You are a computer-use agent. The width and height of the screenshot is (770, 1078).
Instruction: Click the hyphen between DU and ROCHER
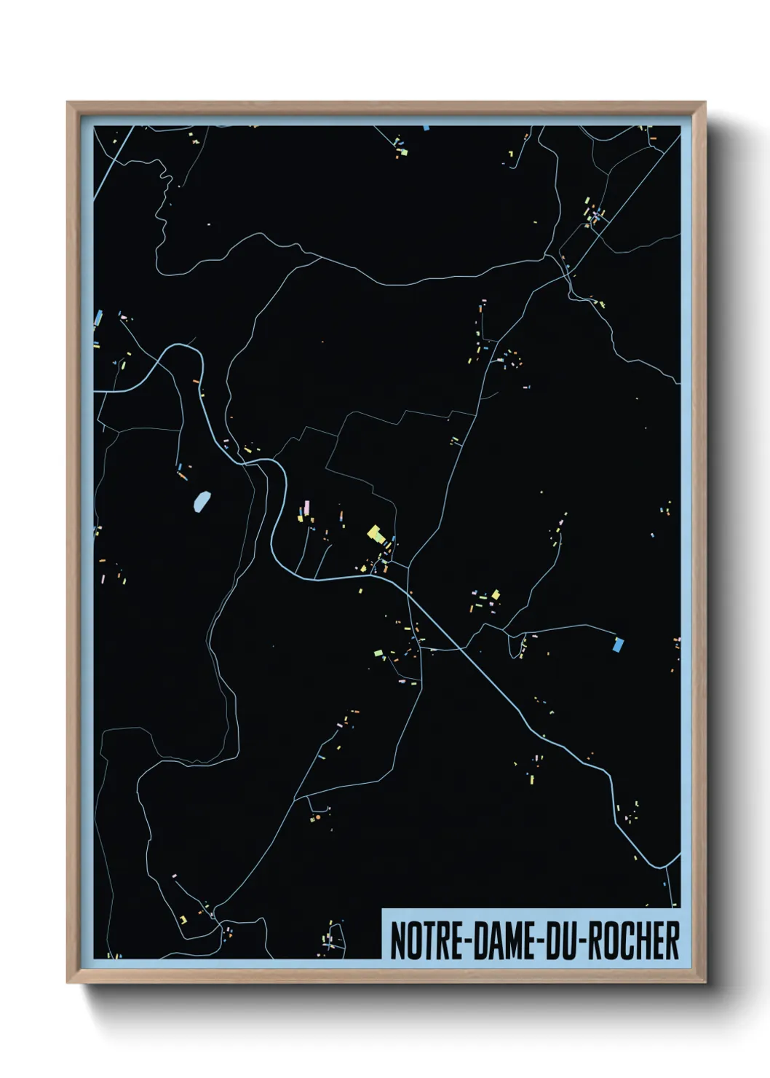coord(583,942)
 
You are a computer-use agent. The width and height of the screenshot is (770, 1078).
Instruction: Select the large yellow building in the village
coord(376,534)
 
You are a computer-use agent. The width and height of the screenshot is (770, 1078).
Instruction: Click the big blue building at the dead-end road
coord(619,644)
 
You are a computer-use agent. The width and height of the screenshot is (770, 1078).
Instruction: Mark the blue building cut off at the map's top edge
coord(426,128)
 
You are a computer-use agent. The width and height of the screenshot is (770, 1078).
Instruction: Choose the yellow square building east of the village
coord(496,595)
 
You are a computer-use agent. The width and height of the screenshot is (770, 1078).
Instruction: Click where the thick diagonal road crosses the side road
coord(460,647)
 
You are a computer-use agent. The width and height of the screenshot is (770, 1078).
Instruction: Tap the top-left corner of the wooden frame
coord(68,103)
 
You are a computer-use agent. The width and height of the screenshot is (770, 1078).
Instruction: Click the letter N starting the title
coord(397,940)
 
